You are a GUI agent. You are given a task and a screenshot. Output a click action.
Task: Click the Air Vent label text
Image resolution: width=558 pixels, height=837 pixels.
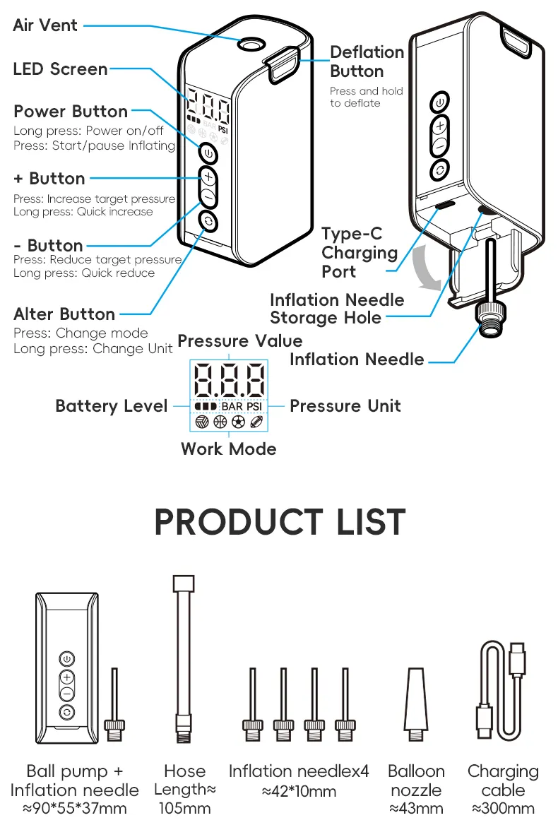click(45, 25)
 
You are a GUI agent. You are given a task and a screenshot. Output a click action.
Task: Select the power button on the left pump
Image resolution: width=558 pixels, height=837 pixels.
click(208, 152)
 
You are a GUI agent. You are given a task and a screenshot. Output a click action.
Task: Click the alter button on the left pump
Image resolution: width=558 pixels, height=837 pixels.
click(208, 221)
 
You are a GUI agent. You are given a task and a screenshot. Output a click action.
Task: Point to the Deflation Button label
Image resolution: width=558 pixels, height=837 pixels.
click(367, 61)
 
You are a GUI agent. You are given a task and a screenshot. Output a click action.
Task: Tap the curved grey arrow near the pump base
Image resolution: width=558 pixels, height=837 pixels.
click(427, 268)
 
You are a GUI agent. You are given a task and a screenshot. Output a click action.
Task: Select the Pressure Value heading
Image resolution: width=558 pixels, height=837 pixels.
click(239, 340)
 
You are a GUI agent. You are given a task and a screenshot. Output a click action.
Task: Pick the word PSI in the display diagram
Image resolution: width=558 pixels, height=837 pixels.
click(254, 406)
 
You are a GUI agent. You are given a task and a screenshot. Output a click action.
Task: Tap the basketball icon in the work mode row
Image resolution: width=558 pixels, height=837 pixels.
click(220, 422)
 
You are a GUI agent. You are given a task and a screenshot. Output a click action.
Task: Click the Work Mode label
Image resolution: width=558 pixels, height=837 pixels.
click(228, 449)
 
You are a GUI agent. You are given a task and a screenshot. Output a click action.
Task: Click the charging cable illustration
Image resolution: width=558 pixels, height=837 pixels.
click(502, 689)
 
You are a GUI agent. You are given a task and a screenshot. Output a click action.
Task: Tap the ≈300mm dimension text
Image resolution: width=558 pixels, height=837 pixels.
click(503, 809)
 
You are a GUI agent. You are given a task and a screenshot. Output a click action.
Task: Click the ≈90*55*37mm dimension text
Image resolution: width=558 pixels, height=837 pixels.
click(75, 809)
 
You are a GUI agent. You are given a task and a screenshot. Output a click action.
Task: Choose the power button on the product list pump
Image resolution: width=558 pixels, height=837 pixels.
click(66, 658)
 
